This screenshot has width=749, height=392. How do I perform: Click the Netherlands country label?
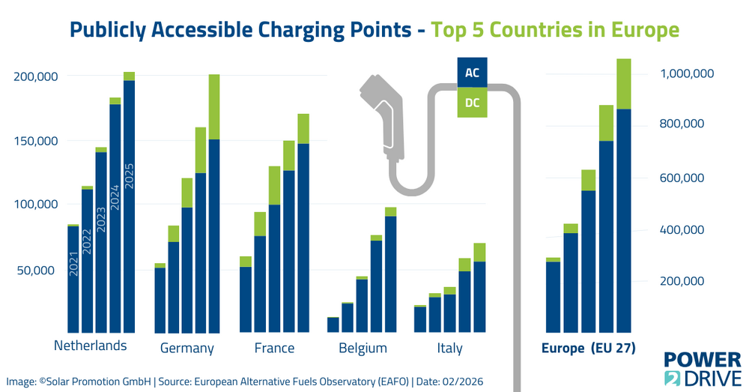pyautogui.click(x=91, y=346)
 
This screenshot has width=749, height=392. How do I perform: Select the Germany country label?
pyautogui.click(x=187, y=348)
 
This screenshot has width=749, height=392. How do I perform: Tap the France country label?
pyautogui.click(x=274, y=348)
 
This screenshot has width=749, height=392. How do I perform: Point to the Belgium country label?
pyautogui.click(x=363, y=348)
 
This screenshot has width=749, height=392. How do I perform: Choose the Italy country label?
pyautogui.click(x=449, y=348)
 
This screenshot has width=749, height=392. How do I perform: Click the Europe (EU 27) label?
pyautogui.click(x=588, y=348)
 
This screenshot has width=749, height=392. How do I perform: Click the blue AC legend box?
pyautogui.click(x=472, y=73)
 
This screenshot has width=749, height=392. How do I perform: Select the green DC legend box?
pyautogui.click(x=472, y=103)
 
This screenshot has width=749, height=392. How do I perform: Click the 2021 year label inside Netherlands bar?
pyautogui.click(x=73, y=263)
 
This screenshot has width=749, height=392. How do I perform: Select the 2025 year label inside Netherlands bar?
pyautogui.click(x=129, y=175)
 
